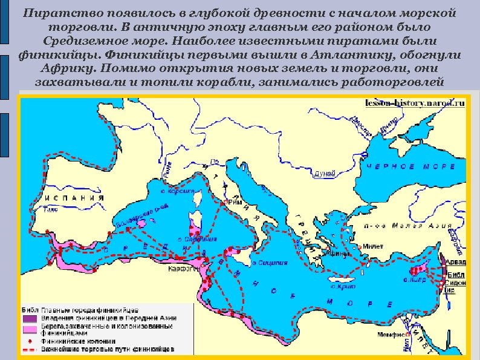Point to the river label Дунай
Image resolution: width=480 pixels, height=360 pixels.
click(325, 174)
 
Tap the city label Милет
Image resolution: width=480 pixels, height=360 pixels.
click(372, 247)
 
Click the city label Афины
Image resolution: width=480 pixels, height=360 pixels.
click(335, 254)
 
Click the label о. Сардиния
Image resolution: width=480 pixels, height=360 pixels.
click(194, 239)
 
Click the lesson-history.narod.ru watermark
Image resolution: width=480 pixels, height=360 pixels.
click(416, 103)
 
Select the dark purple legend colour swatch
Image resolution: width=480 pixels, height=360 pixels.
click(31, 317)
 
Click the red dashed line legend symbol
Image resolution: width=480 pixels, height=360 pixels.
click(31, 349)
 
